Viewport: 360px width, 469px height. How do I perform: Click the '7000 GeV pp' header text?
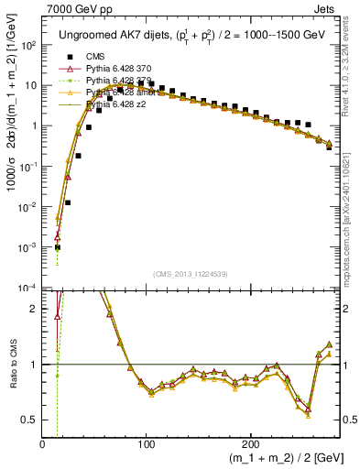coord(73,9)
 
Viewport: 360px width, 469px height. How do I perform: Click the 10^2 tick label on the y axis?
coord(29,45)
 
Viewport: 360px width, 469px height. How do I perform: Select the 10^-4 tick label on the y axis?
coord(28,288)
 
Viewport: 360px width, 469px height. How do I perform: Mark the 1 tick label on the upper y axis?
coord(35,125)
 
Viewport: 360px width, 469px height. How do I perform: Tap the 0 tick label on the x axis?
coord(43,445)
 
